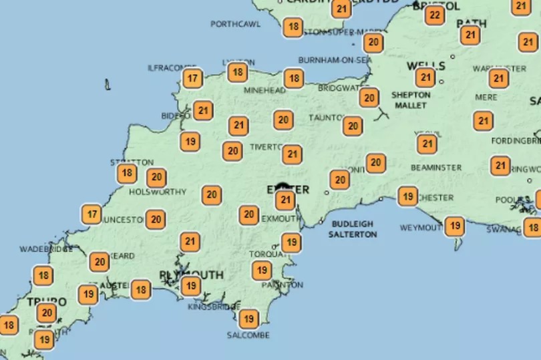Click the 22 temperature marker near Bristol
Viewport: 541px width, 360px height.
tap(435, 15)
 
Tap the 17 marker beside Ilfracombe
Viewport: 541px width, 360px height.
tap(193, 79)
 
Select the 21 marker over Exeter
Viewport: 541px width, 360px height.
tap(285, 200)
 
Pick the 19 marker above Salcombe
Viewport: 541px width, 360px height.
tap(249, 319)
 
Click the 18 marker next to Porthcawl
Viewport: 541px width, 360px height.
tap(293, 27)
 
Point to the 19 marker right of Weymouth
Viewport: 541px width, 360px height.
tap(454, 226)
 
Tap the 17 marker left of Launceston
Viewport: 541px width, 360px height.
tap(92, 214)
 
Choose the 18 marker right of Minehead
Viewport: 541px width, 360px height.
tap(293, 78)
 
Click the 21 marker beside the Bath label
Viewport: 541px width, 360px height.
tap(470, 35)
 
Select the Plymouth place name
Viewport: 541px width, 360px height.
tap(191, 275)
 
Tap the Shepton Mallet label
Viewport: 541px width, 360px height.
tap(411, 100)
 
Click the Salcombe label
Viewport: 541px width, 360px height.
tap(248, 335)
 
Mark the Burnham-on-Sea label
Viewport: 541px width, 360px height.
tap(335, 60)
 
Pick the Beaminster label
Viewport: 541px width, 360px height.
tap(437, 167)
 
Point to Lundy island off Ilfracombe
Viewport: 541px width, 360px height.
tap(107, 85)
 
